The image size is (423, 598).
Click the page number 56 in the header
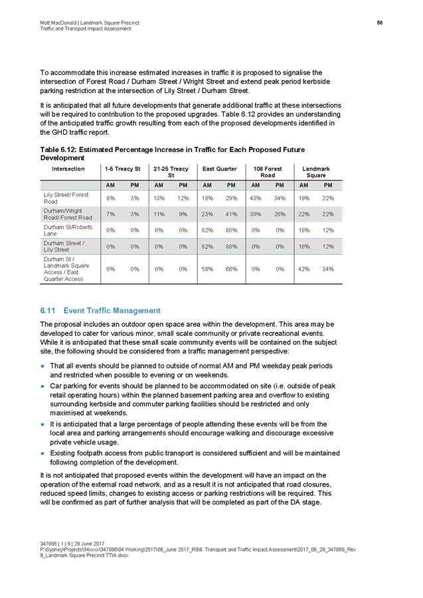click(x=381, y=23)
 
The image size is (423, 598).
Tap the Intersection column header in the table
click(x=68, y=170)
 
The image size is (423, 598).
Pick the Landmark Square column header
click(x=317, y=173)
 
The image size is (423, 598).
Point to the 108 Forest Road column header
click(x=268, y=173)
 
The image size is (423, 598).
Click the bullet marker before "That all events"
click(x=43, y=366)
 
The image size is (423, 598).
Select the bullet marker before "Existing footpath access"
click(x=43, y=453)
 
